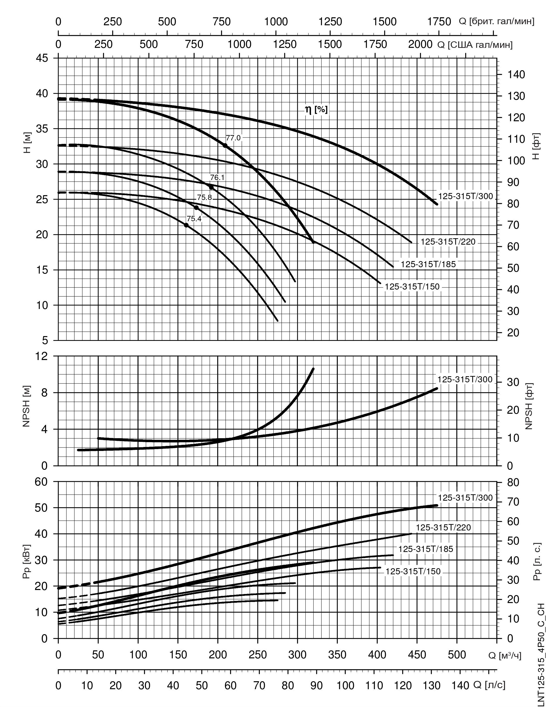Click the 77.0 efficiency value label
click(x=233, y=138)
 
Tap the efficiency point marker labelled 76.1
click(x=211, y=187)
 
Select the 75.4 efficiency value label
click(x=194, y=219)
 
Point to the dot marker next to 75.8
click(x=196, y=207)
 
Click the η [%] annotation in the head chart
click(x=316, y=110)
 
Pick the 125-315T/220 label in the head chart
click(x=448, y=241)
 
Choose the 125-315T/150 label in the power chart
click(x=413, y=571)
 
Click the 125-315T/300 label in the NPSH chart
click(x=465, y=379)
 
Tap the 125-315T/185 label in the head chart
click(x=428, y=264)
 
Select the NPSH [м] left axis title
click(x=27, y=406)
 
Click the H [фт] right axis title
click(x=536, y=146)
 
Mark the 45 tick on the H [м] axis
click(x=41, y=58)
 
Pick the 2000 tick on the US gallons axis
click(x=420, y=44)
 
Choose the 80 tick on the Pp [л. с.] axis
click(x=513, y=482)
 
